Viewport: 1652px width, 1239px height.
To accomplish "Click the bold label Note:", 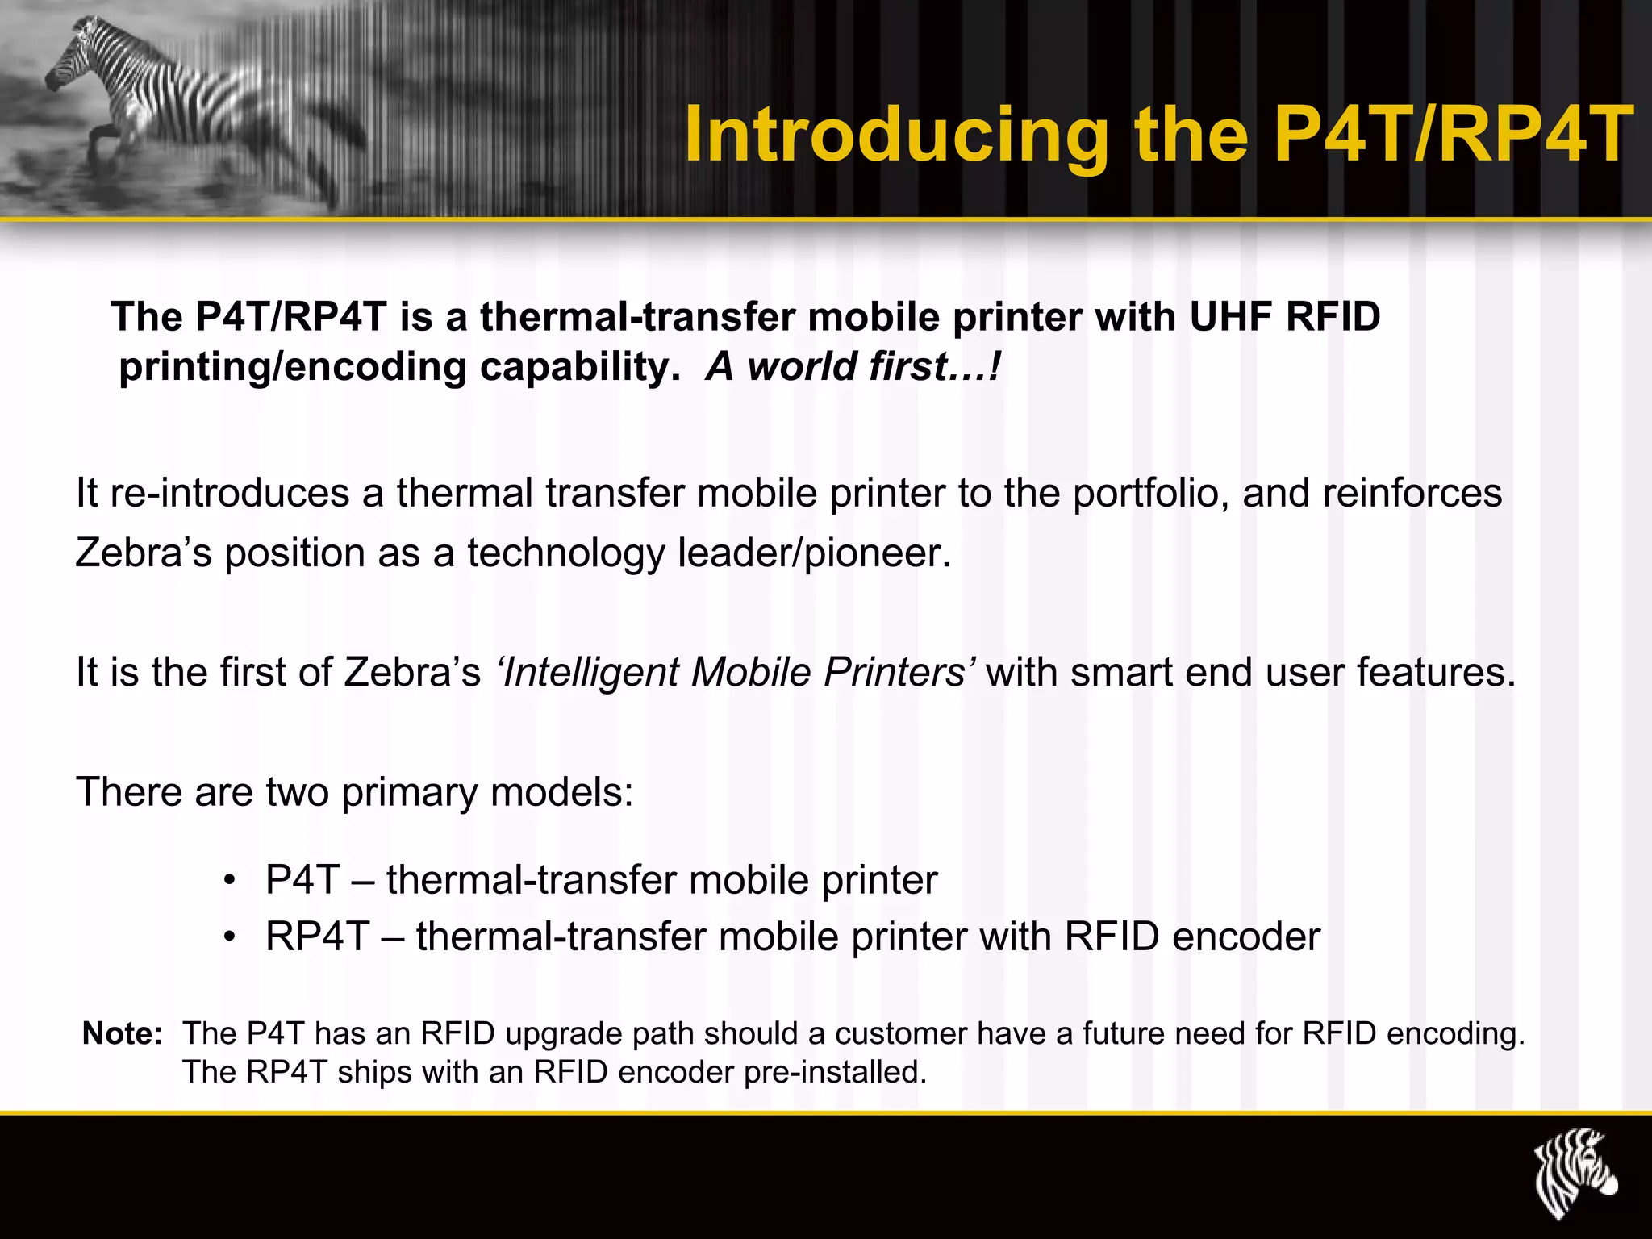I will (123, 1033).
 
